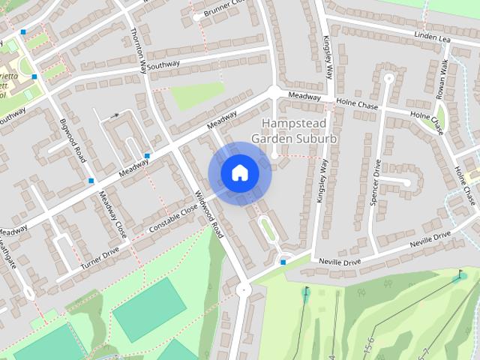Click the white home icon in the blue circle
coord(239,173)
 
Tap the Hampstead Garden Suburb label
coord(294,130)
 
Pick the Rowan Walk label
coord(443,79)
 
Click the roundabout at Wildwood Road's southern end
coord(241,289)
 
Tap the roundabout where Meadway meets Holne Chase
coord(274,92)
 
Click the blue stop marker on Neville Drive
coord(283,262)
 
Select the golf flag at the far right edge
coord(460,274)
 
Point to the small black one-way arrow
coord(115,115)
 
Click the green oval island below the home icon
coord(266,229)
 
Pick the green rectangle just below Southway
coord(196,95)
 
